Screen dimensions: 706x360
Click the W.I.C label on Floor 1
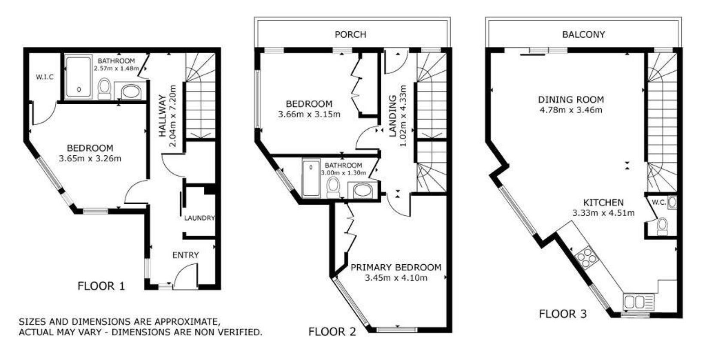click(x=45, y=77)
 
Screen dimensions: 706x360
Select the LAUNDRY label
click(x=199, y=218)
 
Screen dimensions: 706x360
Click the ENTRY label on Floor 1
click(x=186, y=255)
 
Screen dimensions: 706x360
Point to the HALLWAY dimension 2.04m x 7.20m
click(x=173, y=116)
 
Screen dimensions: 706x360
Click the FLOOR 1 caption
click(x=101, y=286)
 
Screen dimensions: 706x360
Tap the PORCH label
click(x=350, y=34)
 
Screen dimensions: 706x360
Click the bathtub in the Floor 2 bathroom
click(x=311, y=178)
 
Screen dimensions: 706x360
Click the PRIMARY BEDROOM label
click(x=396, y=267)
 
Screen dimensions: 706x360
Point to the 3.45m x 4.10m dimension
click(x=396, y=278)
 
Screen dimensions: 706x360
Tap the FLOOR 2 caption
click(x=332, y=332)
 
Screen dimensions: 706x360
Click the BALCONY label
click(x=584, y=34)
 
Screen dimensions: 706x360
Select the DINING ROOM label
click(x=571, y=100)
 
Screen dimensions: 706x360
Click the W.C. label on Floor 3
click(x=659, y=203)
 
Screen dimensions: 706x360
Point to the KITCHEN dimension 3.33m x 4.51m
click(x=603, y=213)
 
